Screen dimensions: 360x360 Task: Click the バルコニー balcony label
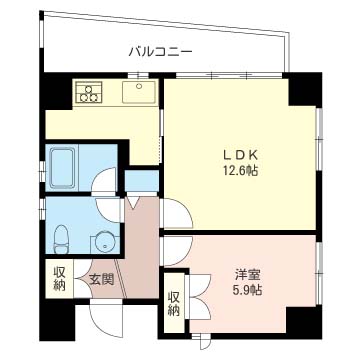[160, 49]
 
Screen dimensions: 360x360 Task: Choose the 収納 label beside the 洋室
[174, 302]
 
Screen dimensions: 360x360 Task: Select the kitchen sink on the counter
[136, 93]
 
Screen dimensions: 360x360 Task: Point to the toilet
[62, 236]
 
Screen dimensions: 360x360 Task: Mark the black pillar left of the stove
[54, 92]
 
